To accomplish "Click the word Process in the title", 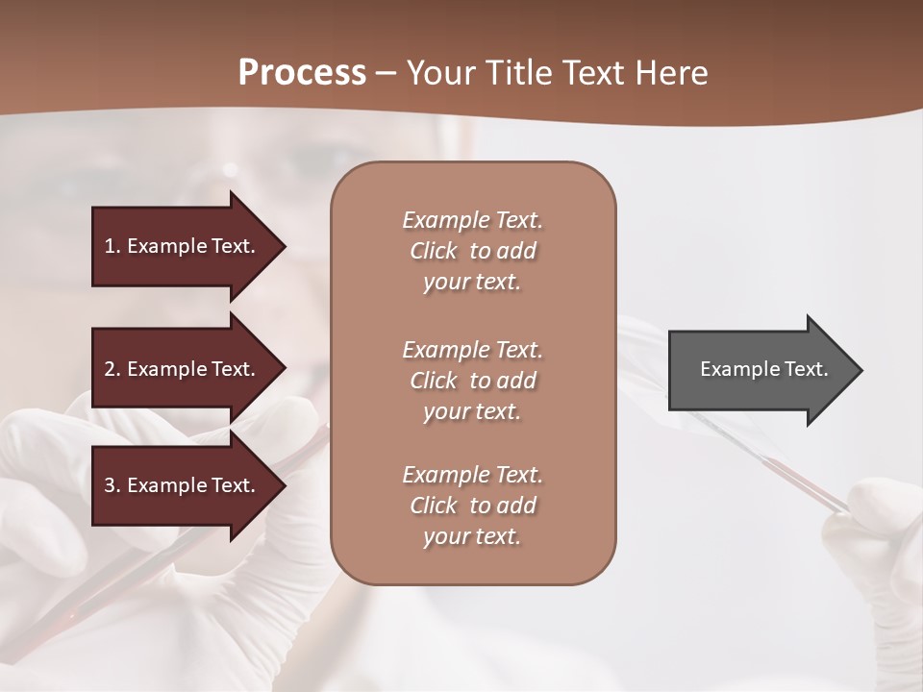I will [x=302, y=72].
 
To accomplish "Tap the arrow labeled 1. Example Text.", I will [x=183, y=246].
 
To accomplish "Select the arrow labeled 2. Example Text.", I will [x=183, y=369].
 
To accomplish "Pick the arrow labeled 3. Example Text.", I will [x=183, y=485].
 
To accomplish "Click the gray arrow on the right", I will [x=760, y=370].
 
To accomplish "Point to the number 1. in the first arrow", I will [x=112, y=246].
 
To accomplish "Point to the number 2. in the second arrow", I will [x=112, y=369].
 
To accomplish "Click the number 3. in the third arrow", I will [x=112, y=485].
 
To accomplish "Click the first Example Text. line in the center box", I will [x=472, y=220].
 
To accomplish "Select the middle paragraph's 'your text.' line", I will [x=472, y=411].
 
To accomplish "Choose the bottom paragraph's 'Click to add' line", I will [x=472, y=506].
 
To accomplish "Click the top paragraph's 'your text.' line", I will [x=472, y=283].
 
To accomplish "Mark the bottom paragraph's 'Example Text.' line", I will [x=472, y=475].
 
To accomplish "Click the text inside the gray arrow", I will [x=763, y=369].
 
